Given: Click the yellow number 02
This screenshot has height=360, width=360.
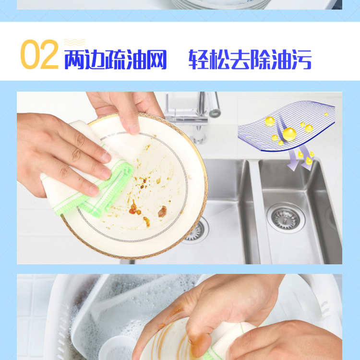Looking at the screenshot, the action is pos(39,54).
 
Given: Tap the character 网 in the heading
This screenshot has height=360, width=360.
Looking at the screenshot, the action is pos(156,60).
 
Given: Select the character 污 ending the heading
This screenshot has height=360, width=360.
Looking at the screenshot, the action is pos(301,60).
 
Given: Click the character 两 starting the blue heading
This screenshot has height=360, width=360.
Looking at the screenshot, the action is pos(74,60).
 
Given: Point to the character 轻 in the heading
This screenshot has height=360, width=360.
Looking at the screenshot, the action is pos(199,60).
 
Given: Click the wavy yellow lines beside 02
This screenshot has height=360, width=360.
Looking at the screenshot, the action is pos(74,42).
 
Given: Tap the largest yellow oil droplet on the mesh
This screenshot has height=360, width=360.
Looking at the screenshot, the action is pos(289,134).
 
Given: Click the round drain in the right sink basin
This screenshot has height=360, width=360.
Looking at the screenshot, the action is pos(286,218).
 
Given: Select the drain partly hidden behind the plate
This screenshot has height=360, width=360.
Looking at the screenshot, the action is pos(197,231).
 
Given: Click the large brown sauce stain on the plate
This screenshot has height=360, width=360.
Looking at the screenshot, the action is pos(162,212).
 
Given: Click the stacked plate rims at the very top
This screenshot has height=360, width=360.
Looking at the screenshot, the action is pos(222,5).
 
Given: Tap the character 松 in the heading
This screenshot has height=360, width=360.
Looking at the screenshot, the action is pos(220,60).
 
